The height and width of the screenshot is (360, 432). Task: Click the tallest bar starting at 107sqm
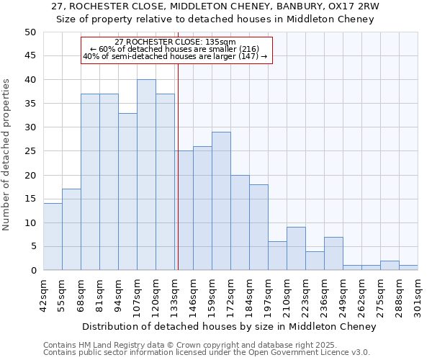(146, 175)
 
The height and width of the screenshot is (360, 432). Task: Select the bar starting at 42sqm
(53, 237)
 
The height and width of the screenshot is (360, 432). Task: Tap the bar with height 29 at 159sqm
(221, 201)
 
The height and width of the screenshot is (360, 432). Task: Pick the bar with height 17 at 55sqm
(71, 230)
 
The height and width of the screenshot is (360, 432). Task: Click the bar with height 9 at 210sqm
(296, 248)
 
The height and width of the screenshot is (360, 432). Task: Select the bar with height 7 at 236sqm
(333, 253)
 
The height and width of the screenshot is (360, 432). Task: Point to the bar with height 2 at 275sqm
(390, 265)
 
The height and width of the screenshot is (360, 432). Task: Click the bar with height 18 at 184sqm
(258, 228)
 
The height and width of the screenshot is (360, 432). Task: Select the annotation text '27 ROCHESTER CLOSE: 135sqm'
(175, 42)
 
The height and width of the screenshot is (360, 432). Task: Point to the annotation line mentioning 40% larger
(175, 56)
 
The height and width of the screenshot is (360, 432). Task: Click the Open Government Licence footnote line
(207, 353)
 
